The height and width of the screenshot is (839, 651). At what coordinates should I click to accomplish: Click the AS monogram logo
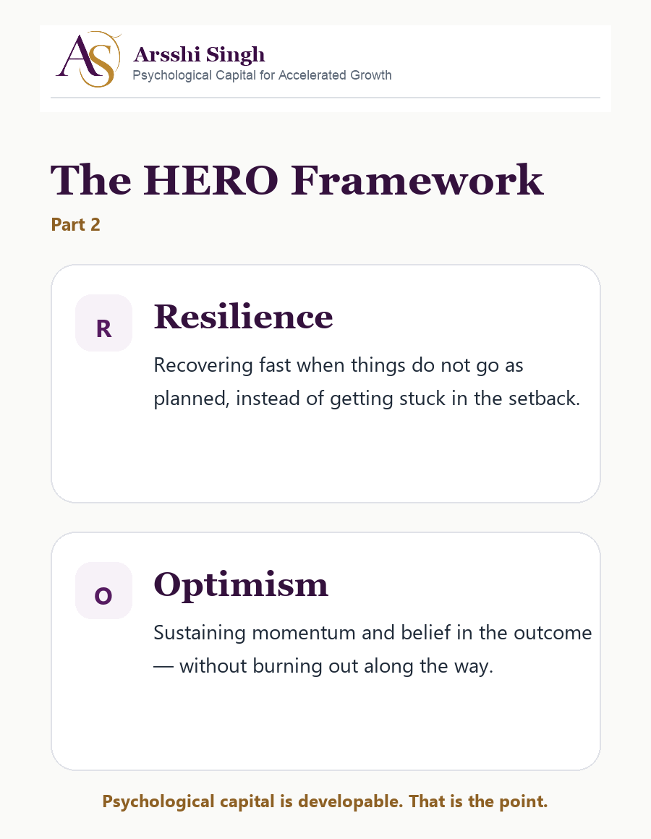89,59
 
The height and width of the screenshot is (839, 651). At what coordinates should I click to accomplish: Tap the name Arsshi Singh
199,54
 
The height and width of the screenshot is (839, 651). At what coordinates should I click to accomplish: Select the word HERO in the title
210,180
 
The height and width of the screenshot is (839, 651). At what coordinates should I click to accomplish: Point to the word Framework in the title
417,180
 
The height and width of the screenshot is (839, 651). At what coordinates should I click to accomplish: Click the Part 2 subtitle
75,225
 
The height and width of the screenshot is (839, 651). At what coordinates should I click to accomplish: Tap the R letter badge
103,323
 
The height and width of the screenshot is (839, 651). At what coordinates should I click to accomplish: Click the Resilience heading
243,316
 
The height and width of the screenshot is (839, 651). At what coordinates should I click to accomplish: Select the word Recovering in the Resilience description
203,365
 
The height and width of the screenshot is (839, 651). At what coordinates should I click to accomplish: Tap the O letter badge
103,591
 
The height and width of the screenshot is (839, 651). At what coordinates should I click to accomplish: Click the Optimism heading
241,585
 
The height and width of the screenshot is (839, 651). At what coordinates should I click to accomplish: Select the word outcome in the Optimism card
553,633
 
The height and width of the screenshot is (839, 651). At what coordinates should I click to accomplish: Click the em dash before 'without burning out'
163,667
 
